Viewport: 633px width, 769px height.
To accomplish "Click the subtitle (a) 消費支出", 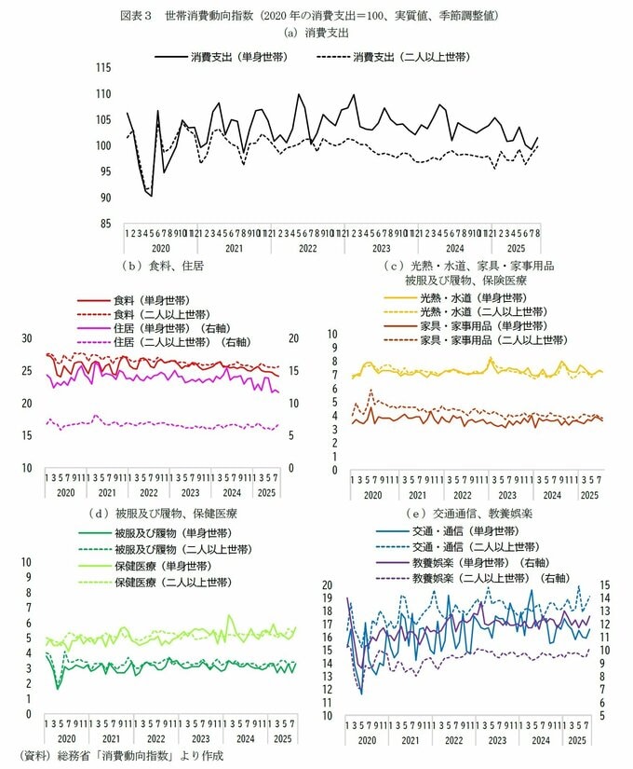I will coord(316,33).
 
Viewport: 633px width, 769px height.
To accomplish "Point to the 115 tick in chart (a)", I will coord(103,68).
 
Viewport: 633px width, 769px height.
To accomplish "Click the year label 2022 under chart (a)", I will coord(308,249).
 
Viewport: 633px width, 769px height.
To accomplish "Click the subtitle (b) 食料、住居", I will coord(163,266).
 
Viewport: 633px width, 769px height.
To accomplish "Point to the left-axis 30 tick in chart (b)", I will coord(26,338).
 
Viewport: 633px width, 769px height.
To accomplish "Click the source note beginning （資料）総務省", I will coord(121,756).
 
